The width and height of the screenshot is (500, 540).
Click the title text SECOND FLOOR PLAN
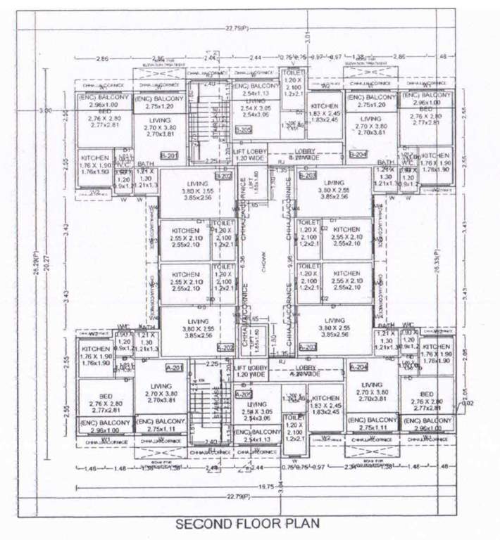click(x=247, y=524)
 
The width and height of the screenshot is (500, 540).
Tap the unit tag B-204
click(x=358, y=155)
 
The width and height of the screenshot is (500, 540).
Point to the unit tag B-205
click(x=243, y=130)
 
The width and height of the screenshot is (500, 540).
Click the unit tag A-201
click(x=173, y=367)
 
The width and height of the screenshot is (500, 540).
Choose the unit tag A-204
click(x=359, y=367)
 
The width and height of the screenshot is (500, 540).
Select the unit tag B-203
click(x=308, y=175)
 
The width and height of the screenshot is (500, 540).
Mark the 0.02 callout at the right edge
click(x=468, y=404)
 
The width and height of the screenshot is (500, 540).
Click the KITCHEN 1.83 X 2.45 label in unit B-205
click(x=325, y=113)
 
